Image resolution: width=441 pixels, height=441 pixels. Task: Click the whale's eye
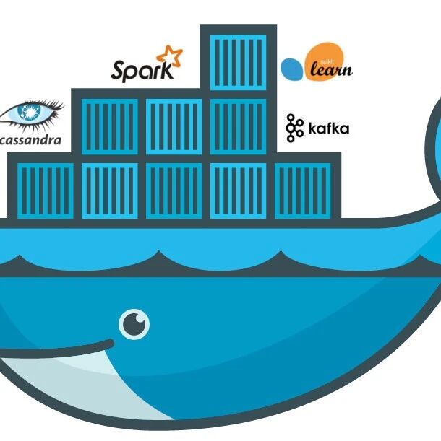point(134,324)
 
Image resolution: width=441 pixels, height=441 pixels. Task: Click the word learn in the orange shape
point(330,70)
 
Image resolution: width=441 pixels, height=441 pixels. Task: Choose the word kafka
point(328,129)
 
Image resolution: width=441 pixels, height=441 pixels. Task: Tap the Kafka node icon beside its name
point(294,128)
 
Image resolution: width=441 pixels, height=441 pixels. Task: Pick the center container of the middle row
point(174,126)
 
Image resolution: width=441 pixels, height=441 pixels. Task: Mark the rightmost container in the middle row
point(238,126)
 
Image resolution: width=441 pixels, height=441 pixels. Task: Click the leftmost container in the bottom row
point(45,190)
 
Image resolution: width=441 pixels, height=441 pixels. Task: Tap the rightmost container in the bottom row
point(302,190)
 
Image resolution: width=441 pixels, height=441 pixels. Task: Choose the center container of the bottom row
point(174,190)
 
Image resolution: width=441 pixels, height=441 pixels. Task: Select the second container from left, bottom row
point(109,190)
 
